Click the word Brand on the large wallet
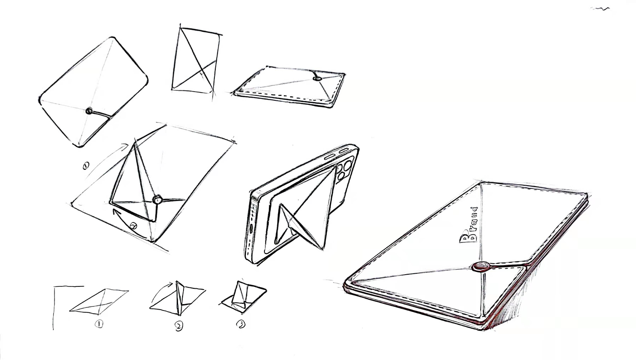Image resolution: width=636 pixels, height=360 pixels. coord(468,226)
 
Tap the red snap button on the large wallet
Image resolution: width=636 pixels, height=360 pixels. coord(480,267)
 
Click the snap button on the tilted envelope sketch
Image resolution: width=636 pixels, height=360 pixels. coord(89,110)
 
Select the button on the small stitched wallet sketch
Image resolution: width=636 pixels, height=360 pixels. coord(318,79)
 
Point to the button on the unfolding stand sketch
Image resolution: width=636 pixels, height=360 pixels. coord(157,199)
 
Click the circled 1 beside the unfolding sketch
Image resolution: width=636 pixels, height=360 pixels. coord(85,166)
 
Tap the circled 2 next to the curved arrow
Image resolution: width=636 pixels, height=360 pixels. coord(133,226)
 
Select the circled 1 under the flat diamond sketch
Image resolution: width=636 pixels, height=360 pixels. coord(99,324)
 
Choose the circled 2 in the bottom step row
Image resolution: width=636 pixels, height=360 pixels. coord(179,325)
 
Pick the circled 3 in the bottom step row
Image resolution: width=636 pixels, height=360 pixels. coord(241,324)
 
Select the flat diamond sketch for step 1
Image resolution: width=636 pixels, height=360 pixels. coord(99,301)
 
